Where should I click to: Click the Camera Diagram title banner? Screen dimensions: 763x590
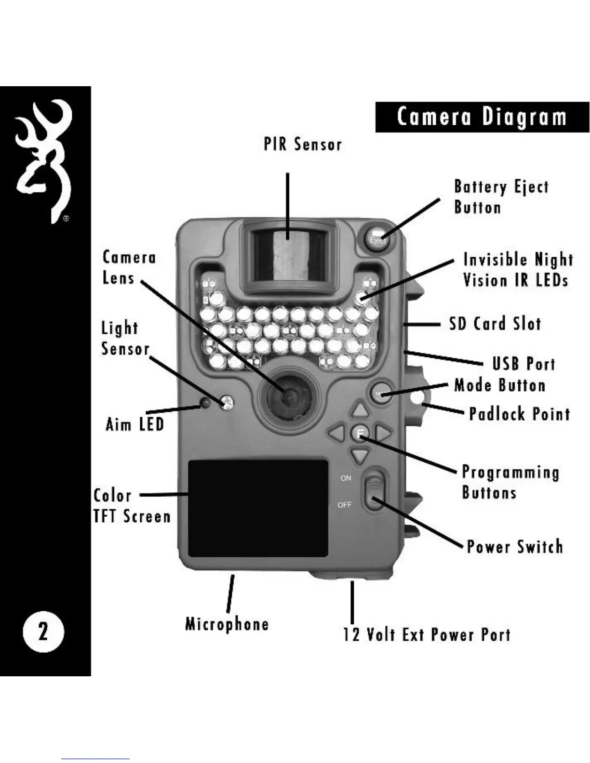(482, 117)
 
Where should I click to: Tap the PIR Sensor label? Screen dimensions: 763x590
(303, 144)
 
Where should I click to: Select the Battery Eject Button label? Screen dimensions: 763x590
(501, 197)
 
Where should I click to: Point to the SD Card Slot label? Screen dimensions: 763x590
(495, 324)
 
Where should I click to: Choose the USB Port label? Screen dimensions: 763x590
(523, 364)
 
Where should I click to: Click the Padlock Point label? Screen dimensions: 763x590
(519, 414)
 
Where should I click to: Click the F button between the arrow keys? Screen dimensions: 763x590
(360, 433)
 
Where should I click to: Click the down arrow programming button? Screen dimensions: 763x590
(360, 455)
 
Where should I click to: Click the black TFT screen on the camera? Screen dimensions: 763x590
(258, 508)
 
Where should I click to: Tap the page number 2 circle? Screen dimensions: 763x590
(43, 631)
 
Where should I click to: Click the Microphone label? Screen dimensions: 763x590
(227, 624)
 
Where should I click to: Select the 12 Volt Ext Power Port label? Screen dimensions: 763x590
(427, 634)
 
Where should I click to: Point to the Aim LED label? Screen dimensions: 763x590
(134, 424)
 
